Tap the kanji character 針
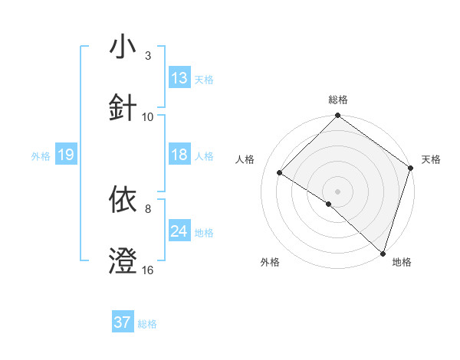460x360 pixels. [123, 106]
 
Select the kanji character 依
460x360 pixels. [123, 201]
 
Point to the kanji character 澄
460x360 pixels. [123, 260]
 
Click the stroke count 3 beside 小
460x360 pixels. [148, 56]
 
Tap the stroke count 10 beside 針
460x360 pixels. [148, 116]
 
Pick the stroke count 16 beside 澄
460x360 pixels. [148, 270]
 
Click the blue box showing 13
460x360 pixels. [179, 78]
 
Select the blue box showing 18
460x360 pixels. [179, 155]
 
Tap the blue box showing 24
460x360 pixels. [179, 231]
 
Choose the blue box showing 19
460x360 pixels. [65, 155]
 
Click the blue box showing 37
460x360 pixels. [123, 322]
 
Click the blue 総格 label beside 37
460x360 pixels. [147, 324]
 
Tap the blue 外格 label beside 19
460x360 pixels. [41, 156]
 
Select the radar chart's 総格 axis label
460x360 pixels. [338, 100]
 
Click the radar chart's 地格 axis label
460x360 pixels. [402, 262]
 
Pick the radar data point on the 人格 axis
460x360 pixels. [280, 173]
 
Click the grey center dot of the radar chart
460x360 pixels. [337, 190]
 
